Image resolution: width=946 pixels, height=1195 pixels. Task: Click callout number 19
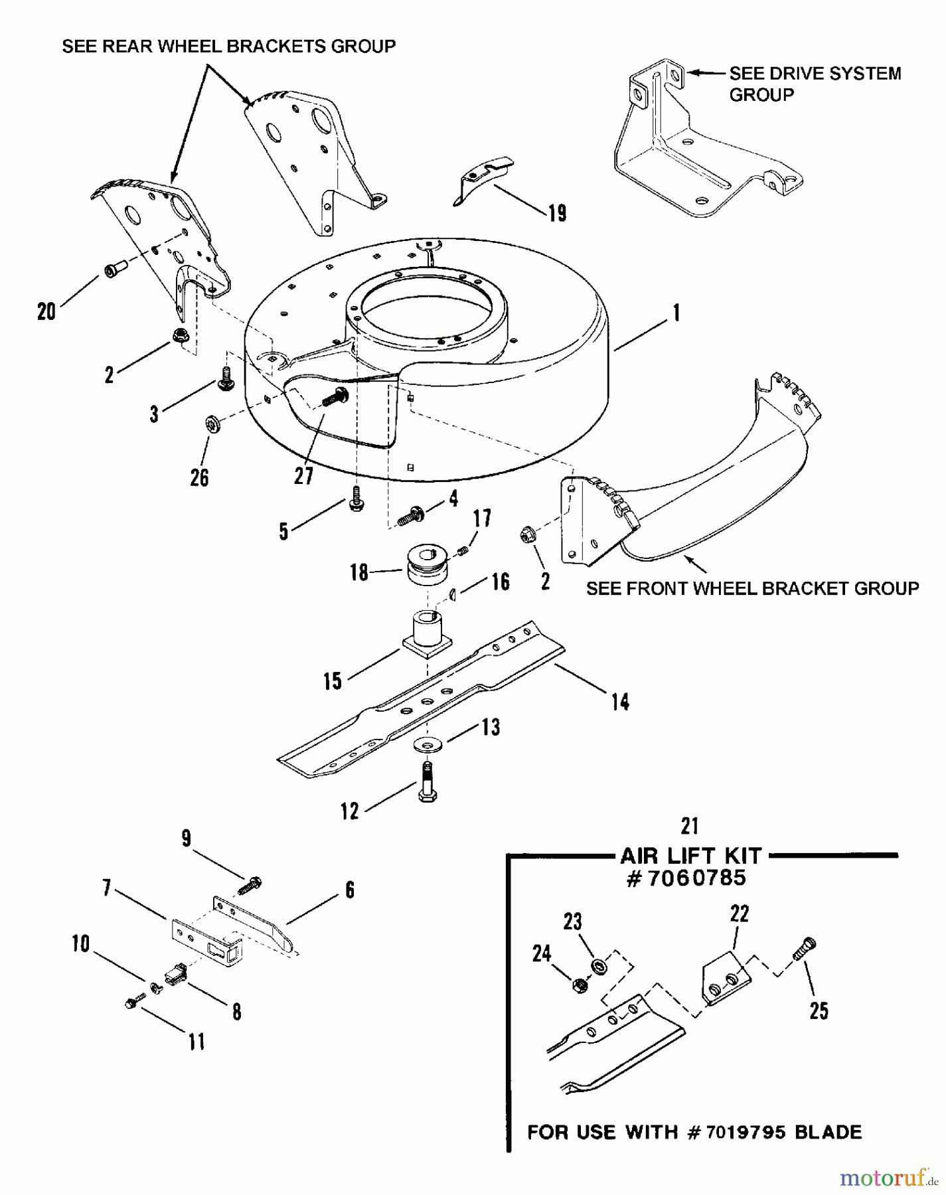[558, 213]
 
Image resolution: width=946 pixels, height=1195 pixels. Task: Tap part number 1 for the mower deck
[676, 313]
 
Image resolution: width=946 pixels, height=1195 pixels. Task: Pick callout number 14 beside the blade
[620, 702]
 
